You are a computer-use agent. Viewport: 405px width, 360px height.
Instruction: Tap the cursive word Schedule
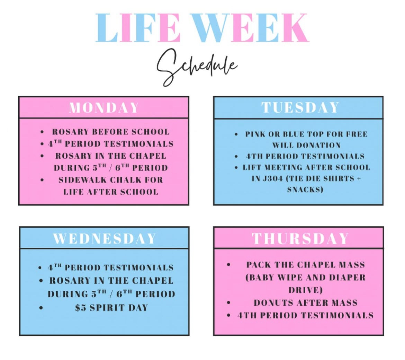(x=197, y=66)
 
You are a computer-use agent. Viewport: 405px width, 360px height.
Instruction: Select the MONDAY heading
(x=104, y=108)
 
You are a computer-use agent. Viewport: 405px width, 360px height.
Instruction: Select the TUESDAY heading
(x=300, y=107)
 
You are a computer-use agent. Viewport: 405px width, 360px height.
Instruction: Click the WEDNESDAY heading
(x=105, y=239)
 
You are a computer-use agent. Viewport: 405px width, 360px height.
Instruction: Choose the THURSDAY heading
(x=300, y=239)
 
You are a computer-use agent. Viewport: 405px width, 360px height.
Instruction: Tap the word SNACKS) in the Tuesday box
(x=305, y=190)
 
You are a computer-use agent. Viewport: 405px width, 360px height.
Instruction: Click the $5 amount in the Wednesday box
(x=81, y=308)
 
